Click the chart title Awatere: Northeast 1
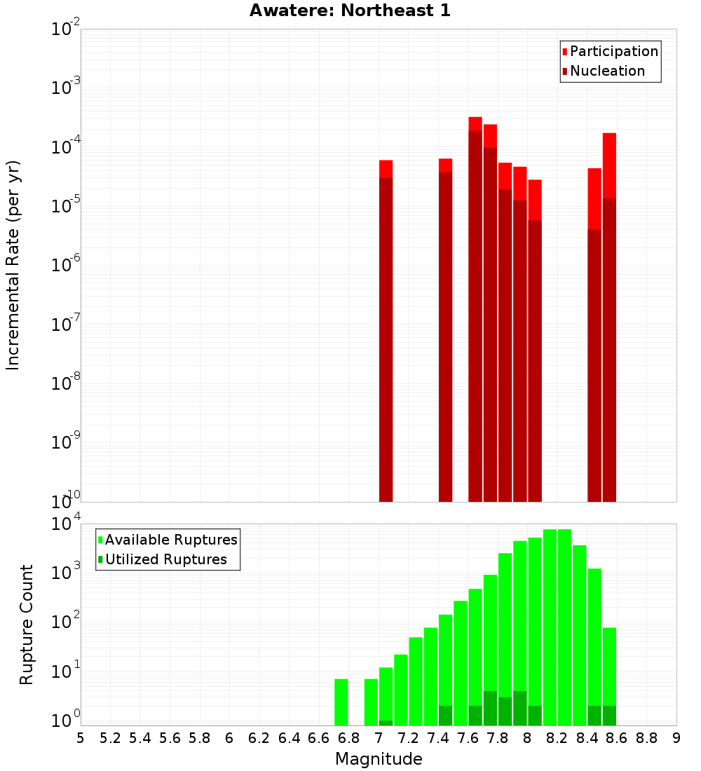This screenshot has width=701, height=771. coord(350,11)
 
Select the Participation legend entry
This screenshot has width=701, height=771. coord(613,51)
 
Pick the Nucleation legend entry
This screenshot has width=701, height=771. coord(606,71)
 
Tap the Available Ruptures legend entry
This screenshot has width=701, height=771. coord(170,540)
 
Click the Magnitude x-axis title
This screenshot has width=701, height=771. coord(379,759)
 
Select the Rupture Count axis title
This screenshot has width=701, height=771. coord(27,624)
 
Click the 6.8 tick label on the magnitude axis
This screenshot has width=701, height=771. coord(348,738)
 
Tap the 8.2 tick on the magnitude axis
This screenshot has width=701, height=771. coord(557,738)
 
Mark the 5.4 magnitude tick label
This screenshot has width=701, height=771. coord(140,738)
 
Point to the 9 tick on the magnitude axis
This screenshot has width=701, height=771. coord(676,738)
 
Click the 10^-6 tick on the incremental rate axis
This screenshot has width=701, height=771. coord(67,265)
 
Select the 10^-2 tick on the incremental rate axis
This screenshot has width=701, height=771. coord(67,29)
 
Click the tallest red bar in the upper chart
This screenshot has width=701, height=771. coord(475,308)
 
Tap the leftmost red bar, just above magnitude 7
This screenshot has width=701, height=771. coord(386,329)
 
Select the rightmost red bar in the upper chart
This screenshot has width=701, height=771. coord(609,315)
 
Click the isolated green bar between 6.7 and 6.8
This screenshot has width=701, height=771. coord(341,702)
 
